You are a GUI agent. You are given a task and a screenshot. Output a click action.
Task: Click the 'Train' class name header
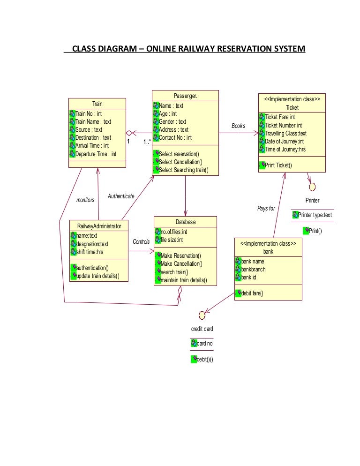coord(97,104)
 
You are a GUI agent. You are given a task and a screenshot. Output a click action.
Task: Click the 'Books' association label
coord(238,126)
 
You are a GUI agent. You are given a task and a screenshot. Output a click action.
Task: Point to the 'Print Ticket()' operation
coord(278,165)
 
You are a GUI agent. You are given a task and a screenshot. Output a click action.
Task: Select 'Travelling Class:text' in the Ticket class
coord(285,133)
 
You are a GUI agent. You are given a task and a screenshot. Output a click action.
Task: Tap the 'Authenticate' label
coord(121,196)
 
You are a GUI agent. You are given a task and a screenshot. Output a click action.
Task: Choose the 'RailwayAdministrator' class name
coord(99,226)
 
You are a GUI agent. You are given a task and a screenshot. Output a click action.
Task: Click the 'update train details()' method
coord(97,276)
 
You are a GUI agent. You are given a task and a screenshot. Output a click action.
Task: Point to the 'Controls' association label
coord(141,242)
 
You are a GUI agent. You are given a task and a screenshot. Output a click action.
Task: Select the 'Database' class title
coord(186,222)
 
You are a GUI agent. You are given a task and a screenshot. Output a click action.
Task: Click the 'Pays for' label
coord(266,208)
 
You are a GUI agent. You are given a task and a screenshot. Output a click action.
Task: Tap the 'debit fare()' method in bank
coord(252,293)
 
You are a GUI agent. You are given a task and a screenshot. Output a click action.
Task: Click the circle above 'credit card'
coord(202,315)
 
